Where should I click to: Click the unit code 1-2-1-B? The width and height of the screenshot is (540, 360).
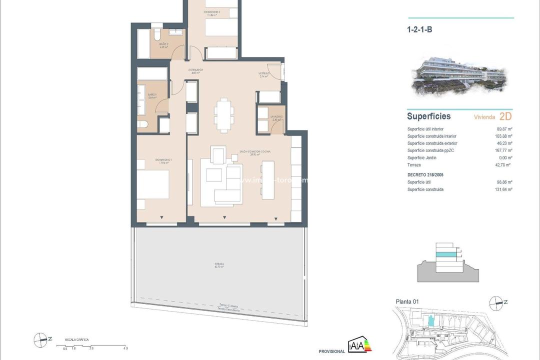(419, 29)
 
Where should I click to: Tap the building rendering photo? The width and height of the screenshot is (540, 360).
(460, 77)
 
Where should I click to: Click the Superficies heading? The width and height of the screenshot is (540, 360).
(428, 116)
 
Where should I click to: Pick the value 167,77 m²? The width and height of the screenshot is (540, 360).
(503, 150)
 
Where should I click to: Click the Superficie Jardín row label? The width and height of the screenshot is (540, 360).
(421, 157)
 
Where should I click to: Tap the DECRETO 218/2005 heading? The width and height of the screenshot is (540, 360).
(425, 175)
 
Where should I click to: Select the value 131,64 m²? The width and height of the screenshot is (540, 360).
(503, 189)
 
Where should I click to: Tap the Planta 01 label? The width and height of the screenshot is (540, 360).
(407, 301)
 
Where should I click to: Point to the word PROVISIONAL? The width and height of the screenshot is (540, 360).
(332, 351)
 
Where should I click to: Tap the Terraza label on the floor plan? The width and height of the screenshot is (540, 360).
(217, 264)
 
